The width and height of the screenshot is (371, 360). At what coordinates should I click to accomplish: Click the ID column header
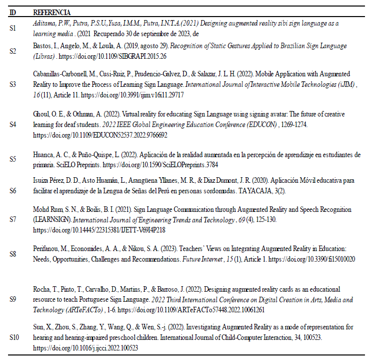pos(14,12)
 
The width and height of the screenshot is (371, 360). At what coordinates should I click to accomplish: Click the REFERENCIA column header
pos(52,12)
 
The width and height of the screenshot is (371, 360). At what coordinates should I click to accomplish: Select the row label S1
pos(14,28)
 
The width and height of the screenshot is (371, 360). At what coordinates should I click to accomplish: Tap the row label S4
pos(14,124)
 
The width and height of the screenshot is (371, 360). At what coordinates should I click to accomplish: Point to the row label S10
pos(15,337)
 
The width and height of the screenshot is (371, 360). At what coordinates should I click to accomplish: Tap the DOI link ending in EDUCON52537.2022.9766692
pos(100,135)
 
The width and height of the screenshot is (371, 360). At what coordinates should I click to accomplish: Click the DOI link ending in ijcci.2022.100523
pos(85,347)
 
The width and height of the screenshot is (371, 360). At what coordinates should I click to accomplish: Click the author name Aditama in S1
pos(44,23)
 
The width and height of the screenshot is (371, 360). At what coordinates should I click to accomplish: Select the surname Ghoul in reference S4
pos(41,114)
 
